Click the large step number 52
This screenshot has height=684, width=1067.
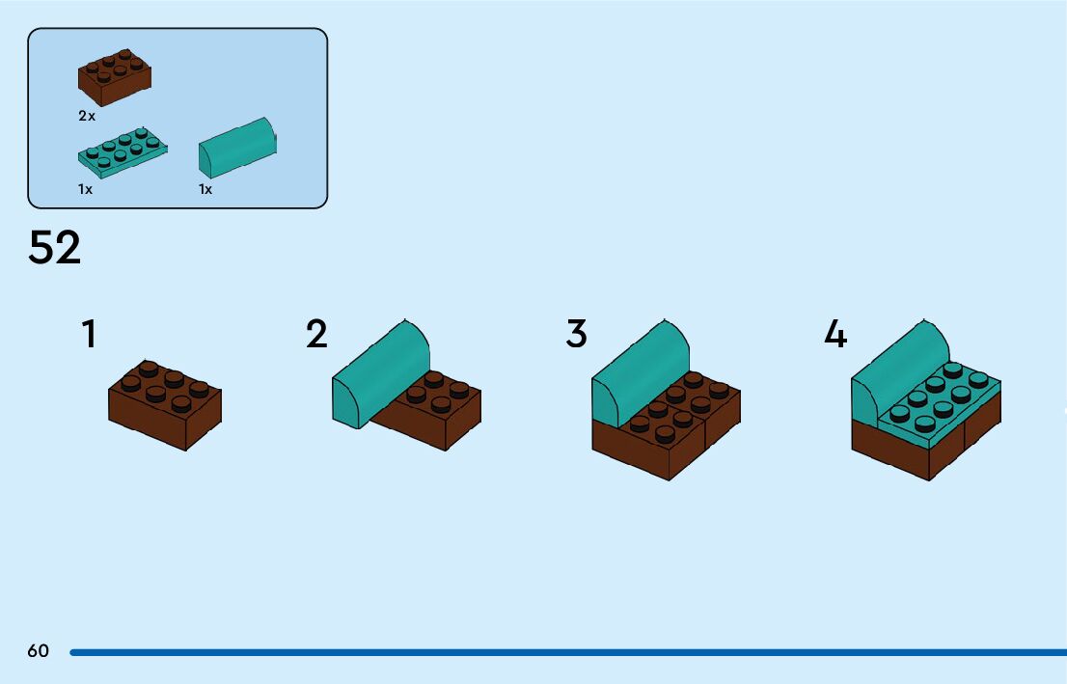tap(55, 248)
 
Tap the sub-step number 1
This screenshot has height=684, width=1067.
tap(89, 335)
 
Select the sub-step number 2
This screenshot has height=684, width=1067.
tap(316, 335)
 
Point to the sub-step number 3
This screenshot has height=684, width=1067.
tap(576, 335)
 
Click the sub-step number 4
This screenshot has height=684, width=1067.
tap(835, 335)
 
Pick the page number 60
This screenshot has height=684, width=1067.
tap(38, 651)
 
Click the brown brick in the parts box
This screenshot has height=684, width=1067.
tap(114, 77)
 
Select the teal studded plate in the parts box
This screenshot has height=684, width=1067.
tap(122, 151)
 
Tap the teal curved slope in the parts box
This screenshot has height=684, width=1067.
tap(237, 148)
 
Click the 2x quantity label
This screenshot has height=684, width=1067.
tap(87, 116)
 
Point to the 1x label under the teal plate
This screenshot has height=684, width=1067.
tap(86, 189)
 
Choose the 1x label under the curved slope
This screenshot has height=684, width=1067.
tap(205, 189)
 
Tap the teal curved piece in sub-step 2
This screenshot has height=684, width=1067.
tap(380, 370)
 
